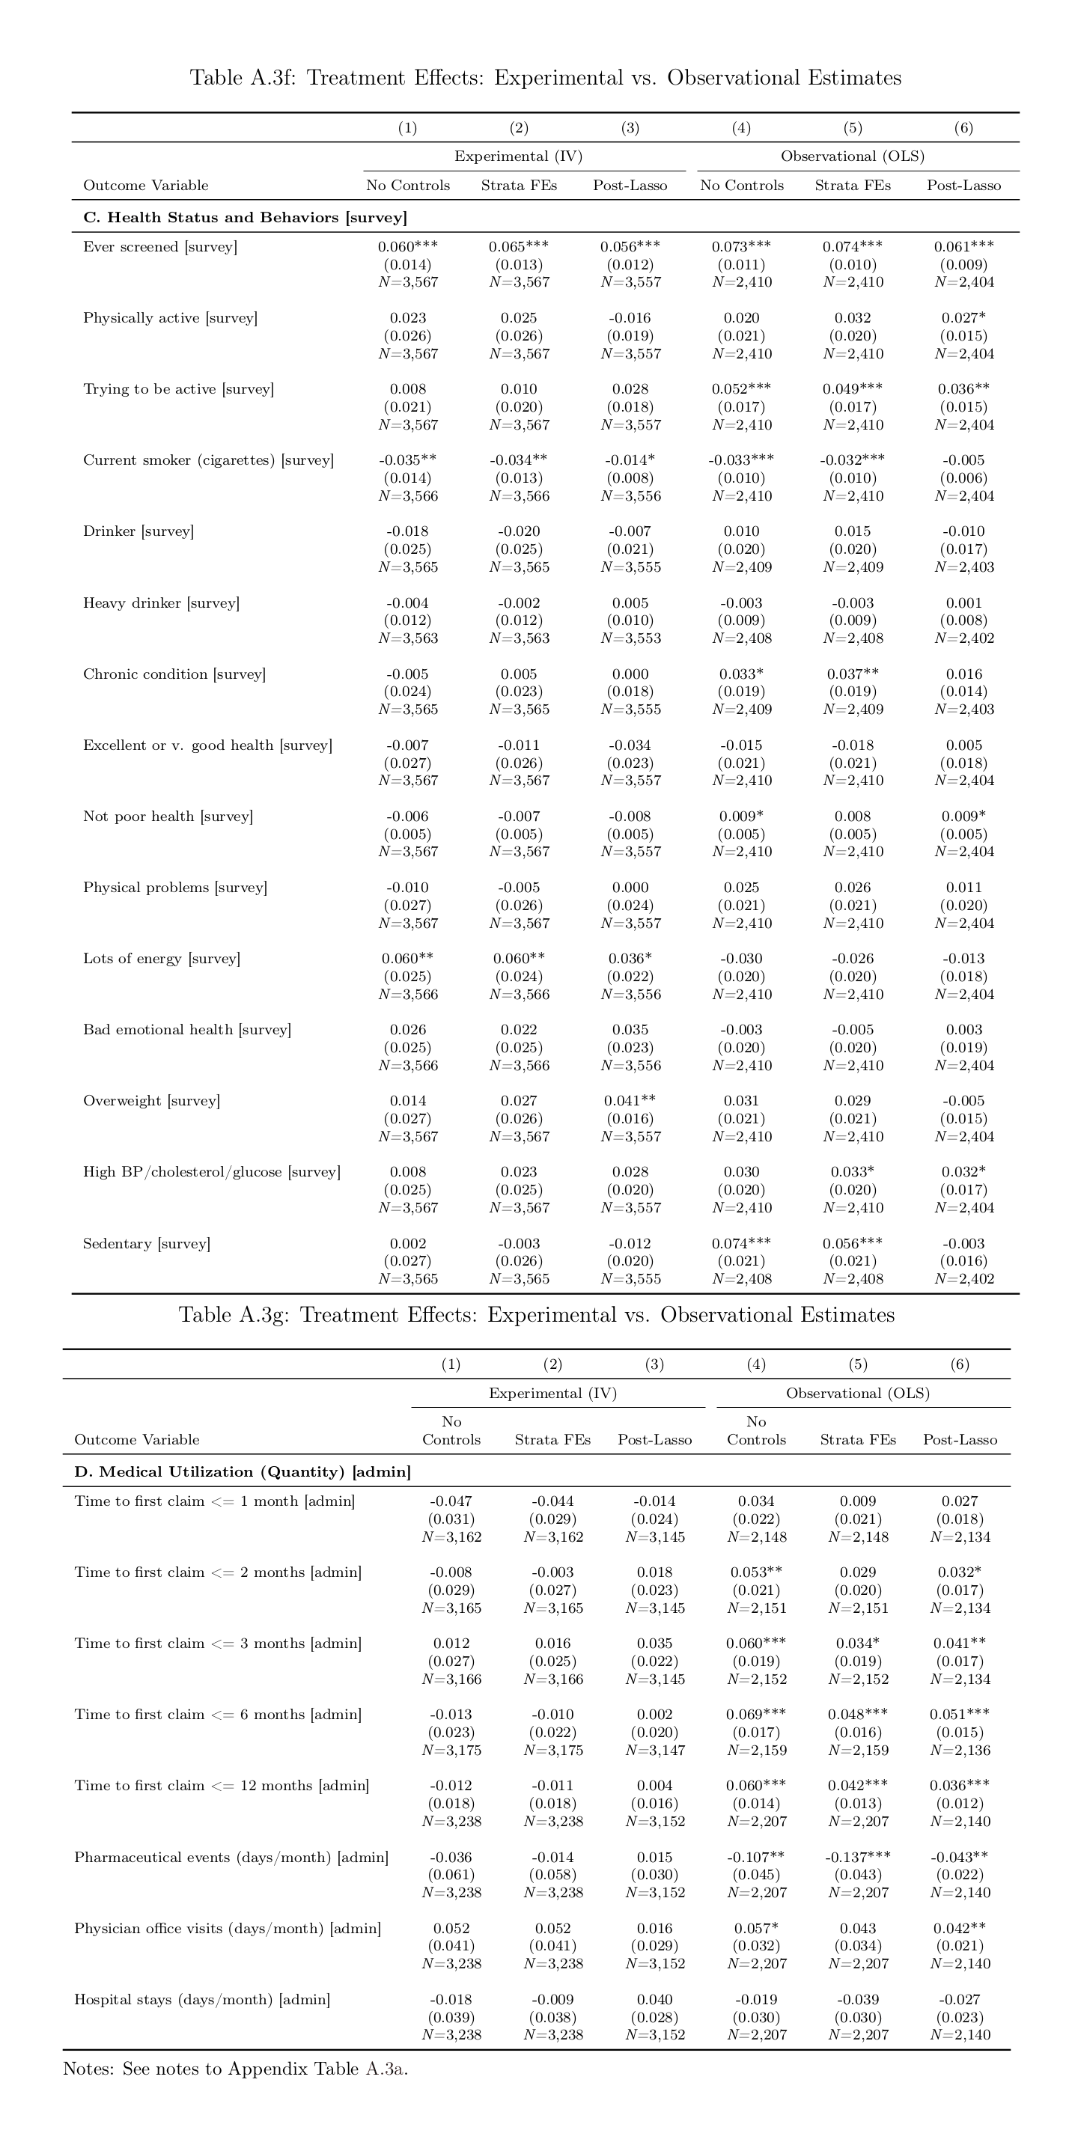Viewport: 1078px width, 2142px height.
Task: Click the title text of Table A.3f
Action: [x=546, y=78]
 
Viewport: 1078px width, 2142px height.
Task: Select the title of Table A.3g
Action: [x=538, y=1315]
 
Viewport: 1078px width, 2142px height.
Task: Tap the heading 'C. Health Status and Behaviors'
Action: [x=245, y=218]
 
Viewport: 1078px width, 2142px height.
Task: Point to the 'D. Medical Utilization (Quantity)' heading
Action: [x=242, y=1472]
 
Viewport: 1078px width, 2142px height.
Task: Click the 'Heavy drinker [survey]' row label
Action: [x=160, y=602]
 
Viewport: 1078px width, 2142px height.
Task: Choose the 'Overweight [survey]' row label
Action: [x=151, y=1101]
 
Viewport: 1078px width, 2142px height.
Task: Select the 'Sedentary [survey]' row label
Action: [x=147, y=1243]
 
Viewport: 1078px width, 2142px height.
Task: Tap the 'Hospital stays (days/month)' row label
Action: [x=202, y=1999]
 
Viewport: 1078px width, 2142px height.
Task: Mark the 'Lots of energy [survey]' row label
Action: [x=162, y=959]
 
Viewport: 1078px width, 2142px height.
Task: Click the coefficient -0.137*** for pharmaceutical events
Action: [x=858, y=1857]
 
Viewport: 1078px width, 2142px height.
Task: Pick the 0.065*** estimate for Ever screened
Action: [x=518, y=247]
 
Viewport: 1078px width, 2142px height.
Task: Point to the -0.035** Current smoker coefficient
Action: [x=407, y=461]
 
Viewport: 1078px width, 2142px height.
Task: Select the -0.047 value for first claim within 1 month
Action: [x=451, y=1501]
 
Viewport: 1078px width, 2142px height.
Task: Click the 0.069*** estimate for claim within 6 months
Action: [x=755, y=1715]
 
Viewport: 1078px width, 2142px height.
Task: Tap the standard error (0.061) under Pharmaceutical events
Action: [x=451, y=1874]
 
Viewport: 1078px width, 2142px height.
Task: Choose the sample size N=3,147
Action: [x=654, y=1750]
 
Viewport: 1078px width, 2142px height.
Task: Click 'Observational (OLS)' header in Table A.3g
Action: [x=858, y=1393]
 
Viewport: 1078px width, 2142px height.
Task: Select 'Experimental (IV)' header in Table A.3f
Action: [x=518, y=156]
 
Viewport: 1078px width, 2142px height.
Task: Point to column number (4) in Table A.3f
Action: [x=741, y=128]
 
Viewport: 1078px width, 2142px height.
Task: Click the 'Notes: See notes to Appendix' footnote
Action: [x=235, y=2069]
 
